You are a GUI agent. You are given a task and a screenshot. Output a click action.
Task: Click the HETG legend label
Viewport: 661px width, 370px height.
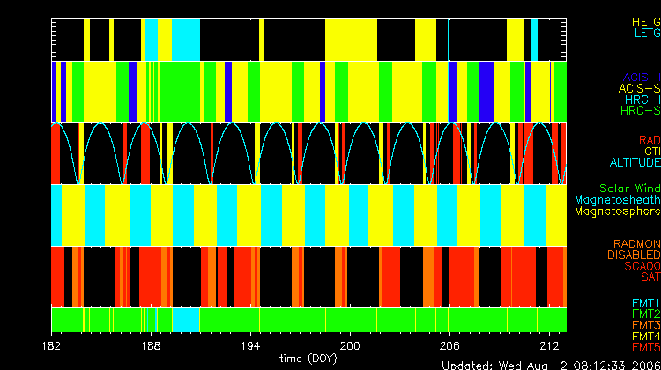(x=646, y=19)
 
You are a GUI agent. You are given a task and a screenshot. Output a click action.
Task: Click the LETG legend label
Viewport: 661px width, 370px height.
(x=646, y=33)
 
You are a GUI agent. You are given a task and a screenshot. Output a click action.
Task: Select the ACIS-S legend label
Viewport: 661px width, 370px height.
(x=639, y=88)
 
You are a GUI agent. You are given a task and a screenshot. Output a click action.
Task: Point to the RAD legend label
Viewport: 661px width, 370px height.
(x=649, y=140)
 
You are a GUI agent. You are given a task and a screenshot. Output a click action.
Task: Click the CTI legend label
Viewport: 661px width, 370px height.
(x=651, y=152)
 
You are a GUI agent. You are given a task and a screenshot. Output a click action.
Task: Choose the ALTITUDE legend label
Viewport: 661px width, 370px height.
(x=635, y=163)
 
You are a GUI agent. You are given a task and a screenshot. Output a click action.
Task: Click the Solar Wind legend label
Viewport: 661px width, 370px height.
(x=629, y=189)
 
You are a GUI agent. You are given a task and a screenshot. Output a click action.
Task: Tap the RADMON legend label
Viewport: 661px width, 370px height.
(x=638, y=243)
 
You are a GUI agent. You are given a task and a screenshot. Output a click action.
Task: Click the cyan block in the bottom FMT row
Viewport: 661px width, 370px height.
(x=184, y=318)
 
